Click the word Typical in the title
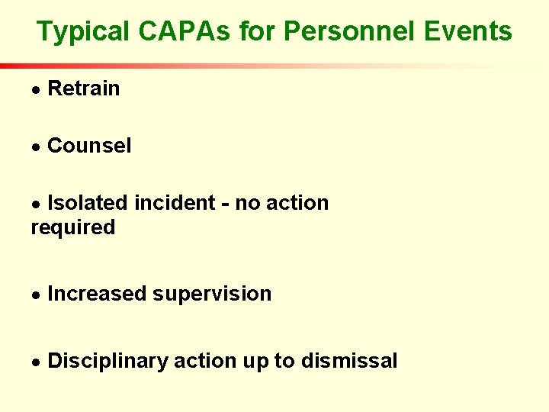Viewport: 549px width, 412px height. click(x=85, y=32)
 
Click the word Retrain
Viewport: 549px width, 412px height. click(x=83, y=89)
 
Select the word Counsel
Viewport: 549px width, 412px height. click(x=89, y=146)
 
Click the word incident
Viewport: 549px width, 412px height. click(x=174, y=203)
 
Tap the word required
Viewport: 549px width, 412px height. click(x=73, y=227)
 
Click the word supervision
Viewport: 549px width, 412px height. click(x=212, y=295)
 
